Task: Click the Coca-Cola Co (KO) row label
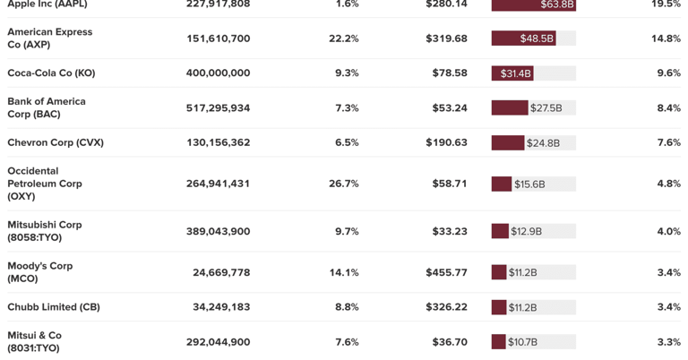tap(51, 73)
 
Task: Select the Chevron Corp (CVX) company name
tap(56, 142)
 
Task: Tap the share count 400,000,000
tap(218, 73)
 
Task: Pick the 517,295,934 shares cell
tap(218, 107)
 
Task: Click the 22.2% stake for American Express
tap(344, 39)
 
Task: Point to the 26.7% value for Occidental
tap(344, 184)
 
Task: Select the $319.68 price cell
tap(446, 39)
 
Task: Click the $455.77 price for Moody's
tap(446, 272)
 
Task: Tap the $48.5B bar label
tap(537, 39)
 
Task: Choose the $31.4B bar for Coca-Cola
tap(512, 73)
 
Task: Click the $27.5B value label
tap(546, 107)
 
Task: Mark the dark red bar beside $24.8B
tap(508, 142)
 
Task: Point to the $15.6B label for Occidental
tap(529, 184)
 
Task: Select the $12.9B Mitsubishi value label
tap(526, 231)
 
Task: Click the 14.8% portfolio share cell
tap(666, 39)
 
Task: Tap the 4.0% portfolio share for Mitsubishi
tap(668, 231)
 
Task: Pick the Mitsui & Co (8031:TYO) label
tap(34, 341)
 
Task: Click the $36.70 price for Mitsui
tap(450, 342)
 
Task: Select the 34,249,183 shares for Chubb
tap(221, 307)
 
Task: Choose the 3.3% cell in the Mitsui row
tap(668, 342)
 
